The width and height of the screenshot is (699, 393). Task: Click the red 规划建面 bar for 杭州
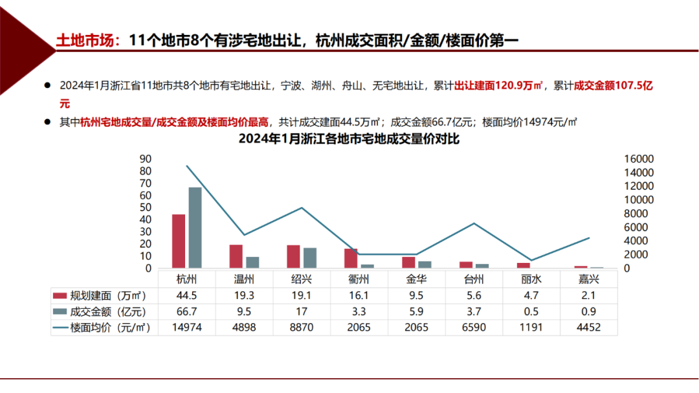point(179,241)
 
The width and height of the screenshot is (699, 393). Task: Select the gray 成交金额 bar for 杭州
point(195,227)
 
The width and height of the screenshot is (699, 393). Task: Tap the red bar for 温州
point(236,256)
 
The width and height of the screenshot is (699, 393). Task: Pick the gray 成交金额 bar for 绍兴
point(310,258)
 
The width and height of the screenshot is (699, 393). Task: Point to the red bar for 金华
point(408,262)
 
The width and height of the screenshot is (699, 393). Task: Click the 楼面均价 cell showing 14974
point(187,328)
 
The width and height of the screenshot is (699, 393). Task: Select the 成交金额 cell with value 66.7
point(187,311)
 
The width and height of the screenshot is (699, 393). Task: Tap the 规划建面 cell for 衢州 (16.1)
point(359,295)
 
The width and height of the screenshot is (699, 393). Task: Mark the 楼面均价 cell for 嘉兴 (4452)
point(588,328)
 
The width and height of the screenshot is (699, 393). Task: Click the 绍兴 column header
point(302,280)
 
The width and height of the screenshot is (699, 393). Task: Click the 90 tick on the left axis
point(145,159)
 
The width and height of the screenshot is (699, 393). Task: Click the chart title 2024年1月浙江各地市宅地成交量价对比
point(349,139)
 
